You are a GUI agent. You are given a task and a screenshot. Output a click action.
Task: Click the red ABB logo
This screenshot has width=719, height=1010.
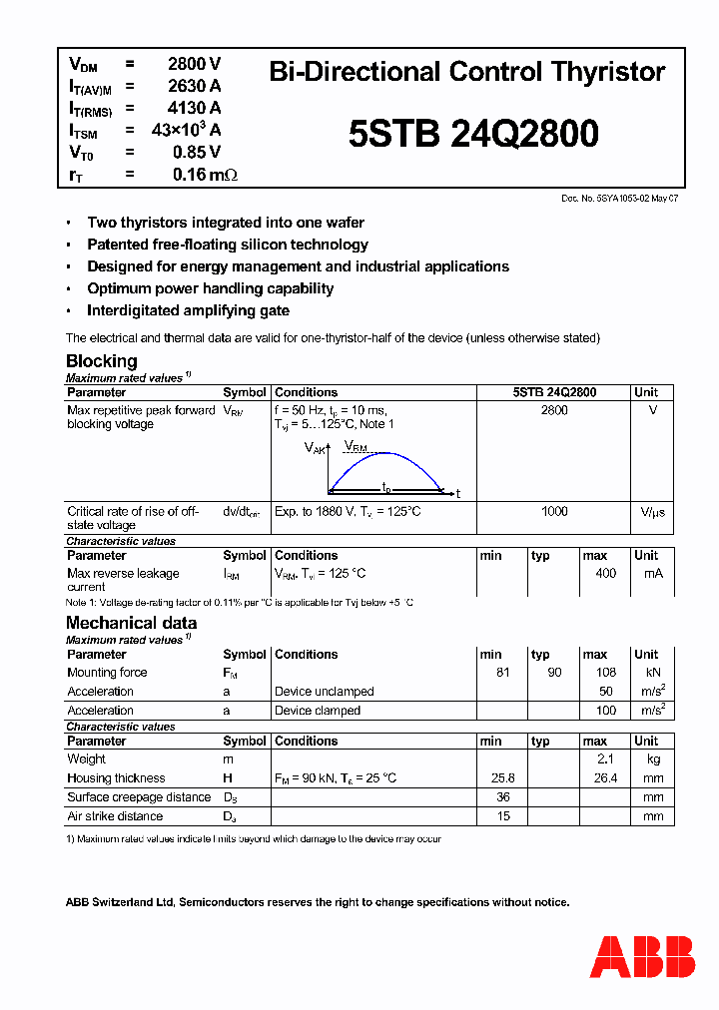(x=642, y=956)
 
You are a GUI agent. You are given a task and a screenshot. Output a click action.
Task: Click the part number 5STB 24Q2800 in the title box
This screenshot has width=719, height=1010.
(x=474, y=134)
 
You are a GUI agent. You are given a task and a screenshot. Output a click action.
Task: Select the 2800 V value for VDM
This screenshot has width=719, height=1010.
(x=194, y=64)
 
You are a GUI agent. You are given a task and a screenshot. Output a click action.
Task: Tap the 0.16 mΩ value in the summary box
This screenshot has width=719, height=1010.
(x=204, y=175)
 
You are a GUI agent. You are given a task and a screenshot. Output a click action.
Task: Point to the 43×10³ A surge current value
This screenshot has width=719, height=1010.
(x=186, y=130)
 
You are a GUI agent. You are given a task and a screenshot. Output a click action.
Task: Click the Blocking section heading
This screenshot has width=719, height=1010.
(x=102, y=361)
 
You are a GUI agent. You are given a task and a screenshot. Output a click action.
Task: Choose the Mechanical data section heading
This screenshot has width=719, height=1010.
(x=131, y=623)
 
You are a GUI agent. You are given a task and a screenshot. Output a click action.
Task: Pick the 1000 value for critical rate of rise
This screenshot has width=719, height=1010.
(x=554, y=512)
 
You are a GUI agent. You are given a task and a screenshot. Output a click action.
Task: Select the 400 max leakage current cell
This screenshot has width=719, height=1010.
(x=605, y=574)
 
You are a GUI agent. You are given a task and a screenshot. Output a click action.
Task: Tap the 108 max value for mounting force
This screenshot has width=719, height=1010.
(x=605, y=673)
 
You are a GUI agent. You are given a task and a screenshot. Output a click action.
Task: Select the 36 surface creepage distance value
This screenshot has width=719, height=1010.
(x=503, y=797)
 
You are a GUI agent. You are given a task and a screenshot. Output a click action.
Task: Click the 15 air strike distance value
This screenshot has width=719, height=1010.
(x=503, y=816)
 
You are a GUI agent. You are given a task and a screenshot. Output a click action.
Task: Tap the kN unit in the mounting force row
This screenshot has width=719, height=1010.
(x=653, y=673)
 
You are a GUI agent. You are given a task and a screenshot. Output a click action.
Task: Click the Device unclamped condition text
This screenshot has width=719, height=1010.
(x=325, y=692)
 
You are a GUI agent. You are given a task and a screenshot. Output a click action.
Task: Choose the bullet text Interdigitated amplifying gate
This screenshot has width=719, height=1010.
(x=188, y=310)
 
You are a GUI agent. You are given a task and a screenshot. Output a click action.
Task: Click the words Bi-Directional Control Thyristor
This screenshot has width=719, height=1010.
(x=467, y=72)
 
